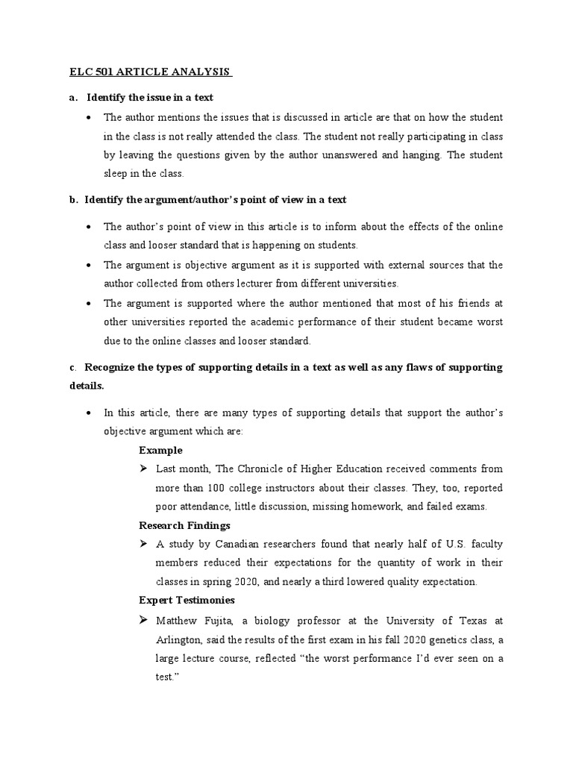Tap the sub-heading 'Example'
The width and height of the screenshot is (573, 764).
pyautogui.click(x=160, y=450)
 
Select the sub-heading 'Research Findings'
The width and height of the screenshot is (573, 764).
pyautogui.click(x=184, y=525)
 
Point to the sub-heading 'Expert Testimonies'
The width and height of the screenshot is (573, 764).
pyautogui.click(x=187, y=600)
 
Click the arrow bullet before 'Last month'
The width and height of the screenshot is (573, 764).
pyautogui.click(x=143, y=469)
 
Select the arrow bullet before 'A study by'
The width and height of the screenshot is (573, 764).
pyautogui.click(x=143, y=544)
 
